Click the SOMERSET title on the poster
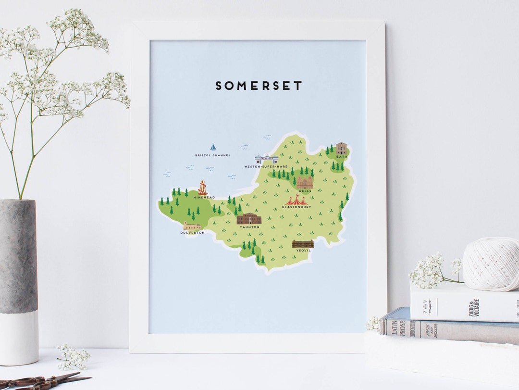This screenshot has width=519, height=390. tap(259, 86)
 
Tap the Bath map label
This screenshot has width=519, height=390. tap(341, 157)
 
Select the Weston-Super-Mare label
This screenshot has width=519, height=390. tap(266, 166)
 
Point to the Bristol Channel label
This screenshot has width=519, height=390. tap(213, 155)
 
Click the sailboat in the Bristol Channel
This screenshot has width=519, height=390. tap(213, 147)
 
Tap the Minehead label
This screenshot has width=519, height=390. tap(204, 197)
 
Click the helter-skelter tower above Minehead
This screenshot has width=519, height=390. tap(203, 188)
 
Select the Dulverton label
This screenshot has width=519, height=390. tap(192, 233)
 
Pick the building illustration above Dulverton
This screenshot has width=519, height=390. tap(192, 226)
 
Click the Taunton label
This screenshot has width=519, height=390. tap(249, 227)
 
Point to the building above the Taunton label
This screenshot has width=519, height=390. tap(249, 219)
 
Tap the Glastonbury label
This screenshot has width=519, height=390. tap(297, 207)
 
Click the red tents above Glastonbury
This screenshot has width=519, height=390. tap(296, 200)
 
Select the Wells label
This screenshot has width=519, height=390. tap(305, 191)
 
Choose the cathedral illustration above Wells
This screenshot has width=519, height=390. tap(305, 182)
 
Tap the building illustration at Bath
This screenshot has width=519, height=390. tap(341, 148)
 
